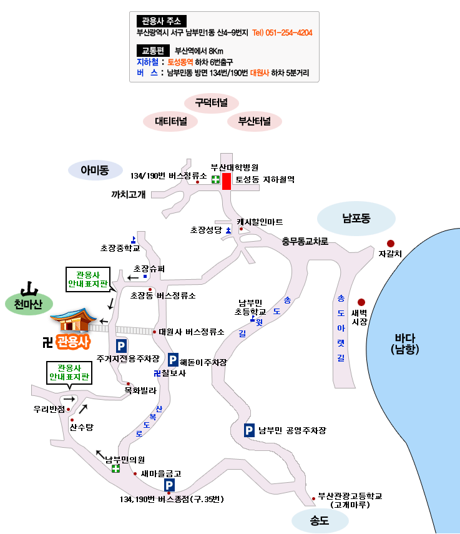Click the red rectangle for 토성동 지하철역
click(x=227, y=181)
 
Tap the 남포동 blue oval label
click(x=356, y=219)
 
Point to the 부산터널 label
click(x=254, y=122)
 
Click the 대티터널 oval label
click(x=170, y=122)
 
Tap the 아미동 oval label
click(x=95, y=169)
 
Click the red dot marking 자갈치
click(x=391, y=244)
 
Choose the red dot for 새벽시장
click(x=361, y=302)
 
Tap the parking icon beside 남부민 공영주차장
click(x=250, y=430)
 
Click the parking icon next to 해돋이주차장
click(x=173, y=360)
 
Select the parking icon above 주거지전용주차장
click(x=121, y=345)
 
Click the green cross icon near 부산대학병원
click(x=215, y=180)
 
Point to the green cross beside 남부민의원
click(x=115, y=468)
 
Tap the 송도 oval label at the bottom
click(x=319, y=521)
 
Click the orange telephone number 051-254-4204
click(x=282, y=33)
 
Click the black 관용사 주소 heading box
click(x=161, y=21)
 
